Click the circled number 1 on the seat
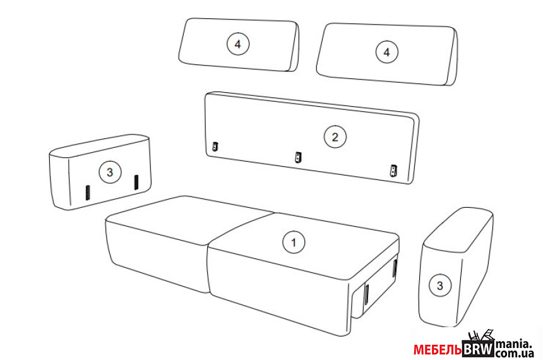point(294,242)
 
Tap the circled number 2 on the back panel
point(335,137)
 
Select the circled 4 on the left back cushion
point(238,44)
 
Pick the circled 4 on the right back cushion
point(387,52)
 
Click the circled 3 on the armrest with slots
point(110,172)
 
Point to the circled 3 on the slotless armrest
point(440,286)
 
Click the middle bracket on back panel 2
point(298,157)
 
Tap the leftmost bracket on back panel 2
point(215,147)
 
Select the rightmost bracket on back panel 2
point(393,171)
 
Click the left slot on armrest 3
point(88,192)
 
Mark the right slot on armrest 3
point(136,183)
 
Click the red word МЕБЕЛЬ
point(438,350)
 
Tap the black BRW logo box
point(478,349)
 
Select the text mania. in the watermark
point(513,344)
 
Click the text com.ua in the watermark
point(515,354)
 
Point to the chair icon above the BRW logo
point(480,336)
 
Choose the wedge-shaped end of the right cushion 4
point(451,57)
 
